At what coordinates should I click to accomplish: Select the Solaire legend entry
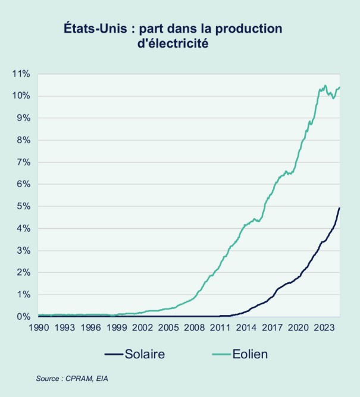145,355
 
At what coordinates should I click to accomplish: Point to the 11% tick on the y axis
21,74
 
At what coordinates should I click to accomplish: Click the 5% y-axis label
23,206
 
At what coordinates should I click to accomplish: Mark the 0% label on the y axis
23,317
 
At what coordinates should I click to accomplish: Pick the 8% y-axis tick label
23,140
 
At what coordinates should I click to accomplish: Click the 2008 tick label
195,327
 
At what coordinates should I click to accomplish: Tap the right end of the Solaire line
339,208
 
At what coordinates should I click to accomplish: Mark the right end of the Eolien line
339,87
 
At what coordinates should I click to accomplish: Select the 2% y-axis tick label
23,273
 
